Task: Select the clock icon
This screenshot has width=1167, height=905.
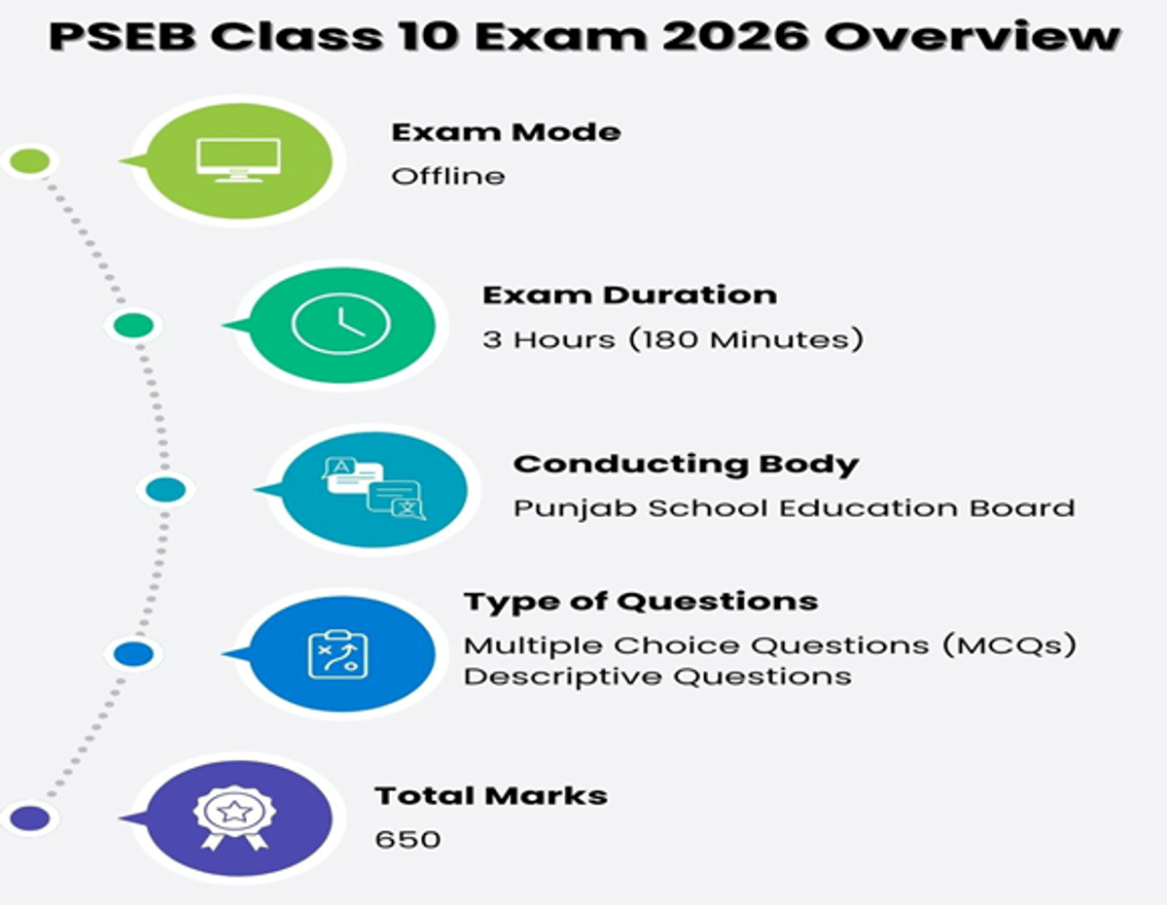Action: tap(340, 324)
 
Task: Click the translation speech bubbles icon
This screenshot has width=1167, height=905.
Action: tap(373, 488)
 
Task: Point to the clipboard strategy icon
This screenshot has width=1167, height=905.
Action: tap(337, 654)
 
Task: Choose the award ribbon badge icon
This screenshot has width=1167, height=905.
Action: tap(233, 817)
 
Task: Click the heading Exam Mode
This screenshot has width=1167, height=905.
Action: tap(506, 132)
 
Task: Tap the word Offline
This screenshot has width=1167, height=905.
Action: tap(448, 177)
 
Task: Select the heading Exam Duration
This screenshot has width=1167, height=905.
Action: tap(629, 296)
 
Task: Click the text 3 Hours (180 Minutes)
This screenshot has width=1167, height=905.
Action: tap(673, 340)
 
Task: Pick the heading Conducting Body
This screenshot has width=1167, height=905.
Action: tap(686, 464)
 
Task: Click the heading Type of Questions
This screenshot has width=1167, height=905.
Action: tap(640, 602)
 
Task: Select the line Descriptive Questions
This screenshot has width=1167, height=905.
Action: tap(657, 677)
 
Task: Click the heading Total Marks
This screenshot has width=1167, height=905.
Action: tap(491, 795)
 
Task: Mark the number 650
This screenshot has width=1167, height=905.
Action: tap(407, 838)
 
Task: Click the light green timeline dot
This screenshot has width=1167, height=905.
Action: tap(30, 161)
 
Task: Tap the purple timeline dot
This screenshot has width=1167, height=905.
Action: tap(30, 818)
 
